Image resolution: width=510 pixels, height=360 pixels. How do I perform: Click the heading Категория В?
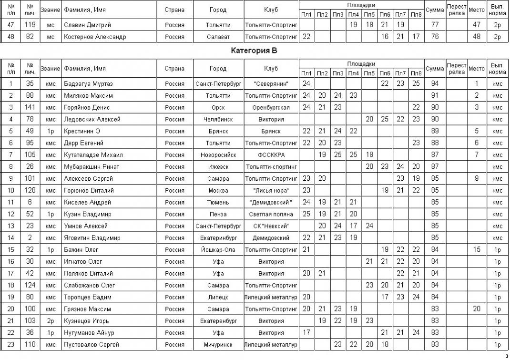click(x=254, y=50)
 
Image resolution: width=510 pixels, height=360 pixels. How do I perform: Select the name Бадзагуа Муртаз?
click(x=86, y=83)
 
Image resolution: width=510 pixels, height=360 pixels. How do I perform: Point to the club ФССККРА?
click(x=271, y=154)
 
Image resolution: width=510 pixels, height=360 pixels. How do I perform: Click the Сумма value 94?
click(x=434, y=83)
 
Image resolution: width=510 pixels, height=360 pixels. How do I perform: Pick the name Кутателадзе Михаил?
click(x=93, y=154)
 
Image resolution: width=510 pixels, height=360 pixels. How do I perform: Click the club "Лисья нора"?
click(x=271, y=190)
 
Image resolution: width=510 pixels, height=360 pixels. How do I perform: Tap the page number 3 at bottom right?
click(x=507, y=356)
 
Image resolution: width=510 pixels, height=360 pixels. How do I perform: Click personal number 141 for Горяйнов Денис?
click(x=30, y=107)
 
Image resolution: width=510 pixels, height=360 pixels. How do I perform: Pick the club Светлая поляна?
click(x=271, y=214)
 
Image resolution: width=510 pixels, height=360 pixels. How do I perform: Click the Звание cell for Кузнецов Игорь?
click(x=50, y=320)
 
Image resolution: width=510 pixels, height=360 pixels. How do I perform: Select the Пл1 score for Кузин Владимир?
click(x=306, y=214)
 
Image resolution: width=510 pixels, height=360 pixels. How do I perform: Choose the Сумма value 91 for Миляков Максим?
click(x=434, y=95)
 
